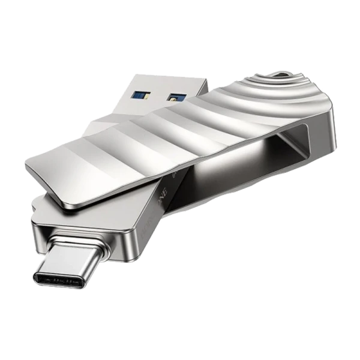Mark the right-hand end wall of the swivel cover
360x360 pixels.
click(x=324, y=150)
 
